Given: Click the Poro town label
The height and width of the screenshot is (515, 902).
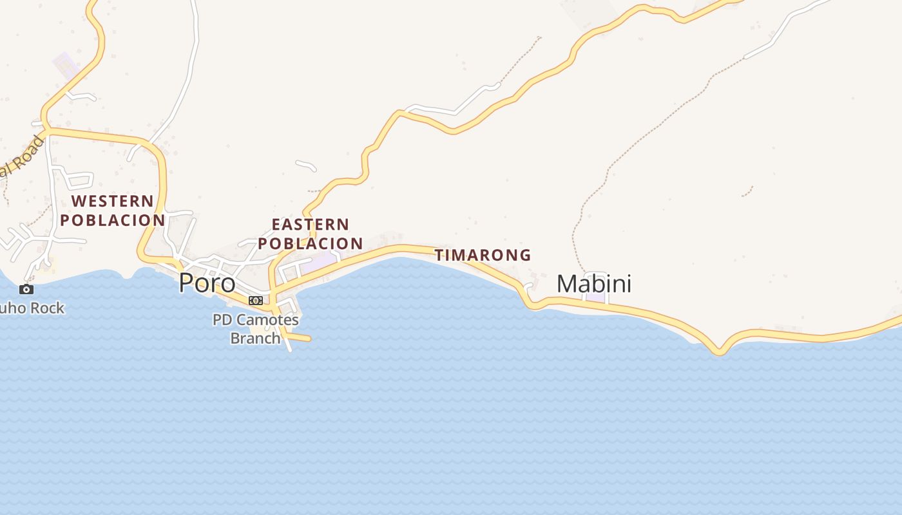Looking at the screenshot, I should point(207,283).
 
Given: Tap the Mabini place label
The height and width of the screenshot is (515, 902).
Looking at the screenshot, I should point(593,284).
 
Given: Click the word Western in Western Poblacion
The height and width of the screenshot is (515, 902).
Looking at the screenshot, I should point(113,201).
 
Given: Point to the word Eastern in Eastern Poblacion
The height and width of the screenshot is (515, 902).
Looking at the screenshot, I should point(311,225).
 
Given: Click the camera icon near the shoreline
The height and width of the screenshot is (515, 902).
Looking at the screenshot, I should point(26,289).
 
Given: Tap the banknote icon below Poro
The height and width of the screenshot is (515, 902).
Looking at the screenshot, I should point(256,301).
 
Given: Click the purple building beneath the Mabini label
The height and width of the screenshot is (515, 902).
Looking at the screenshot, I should point(595,297).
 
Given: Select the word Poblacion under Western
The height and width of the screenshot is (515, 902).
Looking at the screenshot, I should point(113,220).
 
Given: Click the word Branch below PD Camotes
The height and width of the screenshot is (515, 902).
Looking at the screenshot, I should point(255,338).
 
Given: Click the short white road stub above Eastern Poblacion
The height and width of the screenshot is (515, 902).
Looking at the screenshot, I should point(306,165).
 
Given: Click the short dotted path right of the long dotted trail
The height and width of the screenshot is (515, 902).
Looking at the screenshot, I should point(747,191).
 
